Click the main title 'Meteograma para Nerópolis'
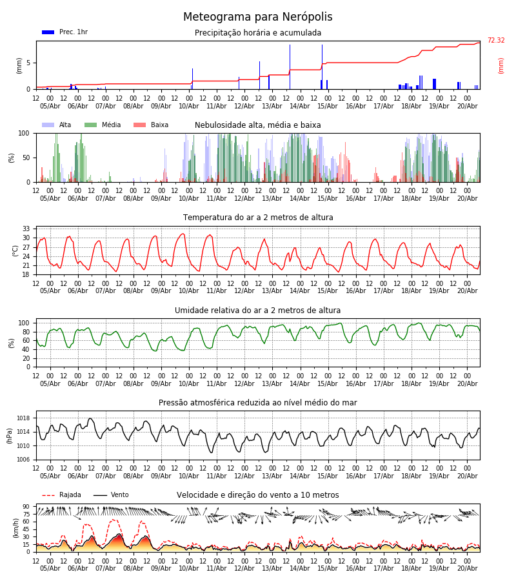(x=257, y=17)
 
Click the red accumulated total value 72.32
(x=496, y=40)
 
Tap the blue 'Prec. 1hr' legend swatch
(x=48, y=32)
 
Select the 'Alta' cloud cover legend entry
(x=57, y=125)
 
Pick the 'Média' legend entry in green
(x=103, y=125)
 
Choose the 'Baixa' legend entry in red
(x=151, y=125)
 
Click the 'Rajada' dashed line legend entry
(x=61, y=494)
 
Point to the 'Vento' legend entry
(x=111, y=494)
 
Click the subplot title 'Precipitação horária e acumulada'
(x=258, y=33)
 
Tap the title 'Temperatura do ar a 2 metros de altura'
(x=258, y=218)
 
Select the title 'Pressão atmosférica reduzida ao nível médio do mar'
(x=258, y=402)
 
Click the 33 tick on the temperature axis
(x=26, y=229)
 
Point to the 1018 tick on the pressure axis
(x=24, y=418)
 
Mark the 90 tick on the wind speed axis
(x=26, y=507)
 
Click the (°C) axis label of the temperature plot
(x=15, y=251)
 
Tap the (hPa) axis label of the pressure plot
(x=9, y=436)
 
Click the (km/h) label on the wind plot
(x=15, y=528)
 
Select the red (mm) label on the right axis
(x=501, y=66)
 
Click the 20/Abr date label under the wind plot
(x=468, y=568)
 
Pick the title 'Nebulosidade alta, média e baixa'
(x=258, y=125)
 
